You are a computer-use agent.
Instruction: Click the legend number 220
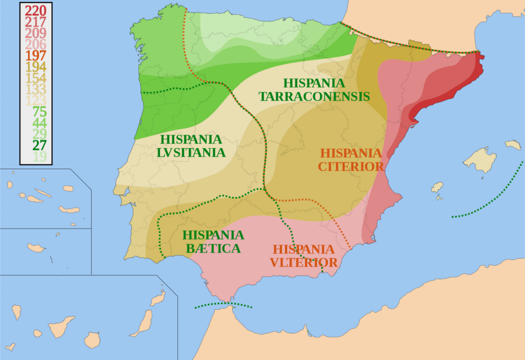tap(35, 10)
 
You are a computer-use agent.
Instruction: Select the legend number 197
tap(35, 55)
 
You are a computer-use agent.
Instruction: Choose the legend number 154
tap(35, 78)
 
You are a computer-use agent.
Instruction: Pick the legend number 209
tap(35, 33)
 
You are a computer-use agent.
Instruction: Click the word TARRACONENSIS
tap(314, 96)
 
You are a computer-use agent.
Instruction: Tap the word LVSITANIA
tap(192, 152)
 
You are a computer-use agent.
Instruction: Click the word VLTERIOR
tap(304, 263)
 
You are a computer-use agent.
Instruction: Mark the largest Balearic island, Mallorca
tap(480, 159)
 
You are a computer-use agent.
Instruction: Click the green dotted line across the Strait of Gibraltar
tap(224, 305)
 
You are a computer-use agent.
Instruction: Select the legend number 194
tap(35, 67)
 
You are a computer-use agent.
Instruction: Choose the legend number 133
tap(35, 89)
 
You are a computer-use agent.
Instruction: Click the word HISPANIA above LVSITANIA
tap(191, 139)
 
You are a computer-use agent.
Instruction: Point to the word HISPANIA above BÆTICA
tap(213, 235)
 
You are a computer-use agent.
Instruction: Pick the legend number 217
tap(35, 22)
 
